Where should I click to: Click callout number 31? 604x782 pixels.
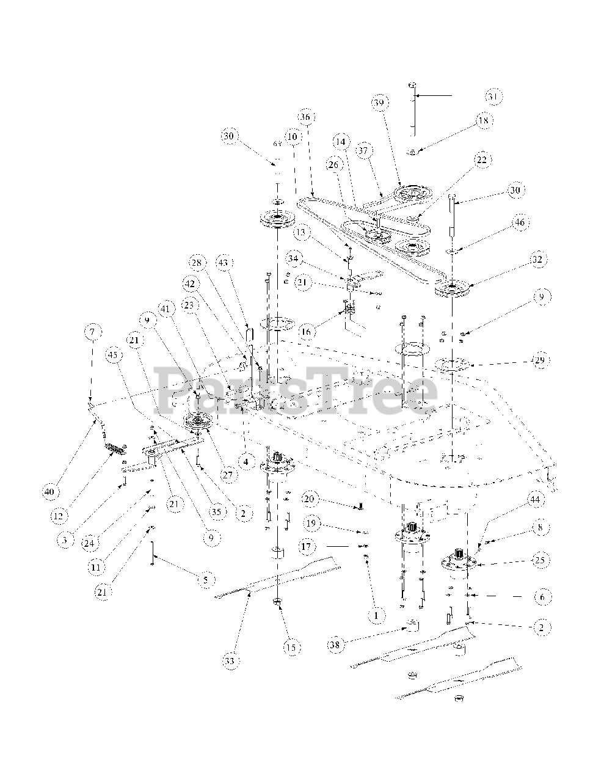tap(493, 97)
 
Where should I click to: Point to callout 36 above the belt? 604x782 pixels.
tap(305, 116)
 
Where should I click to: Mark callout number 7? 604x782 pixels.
tap(92, 332)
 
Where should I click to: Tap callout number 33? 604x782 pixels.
tap(229, 660)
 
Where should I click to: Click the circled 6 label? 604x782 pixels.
tap(540, 596)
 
